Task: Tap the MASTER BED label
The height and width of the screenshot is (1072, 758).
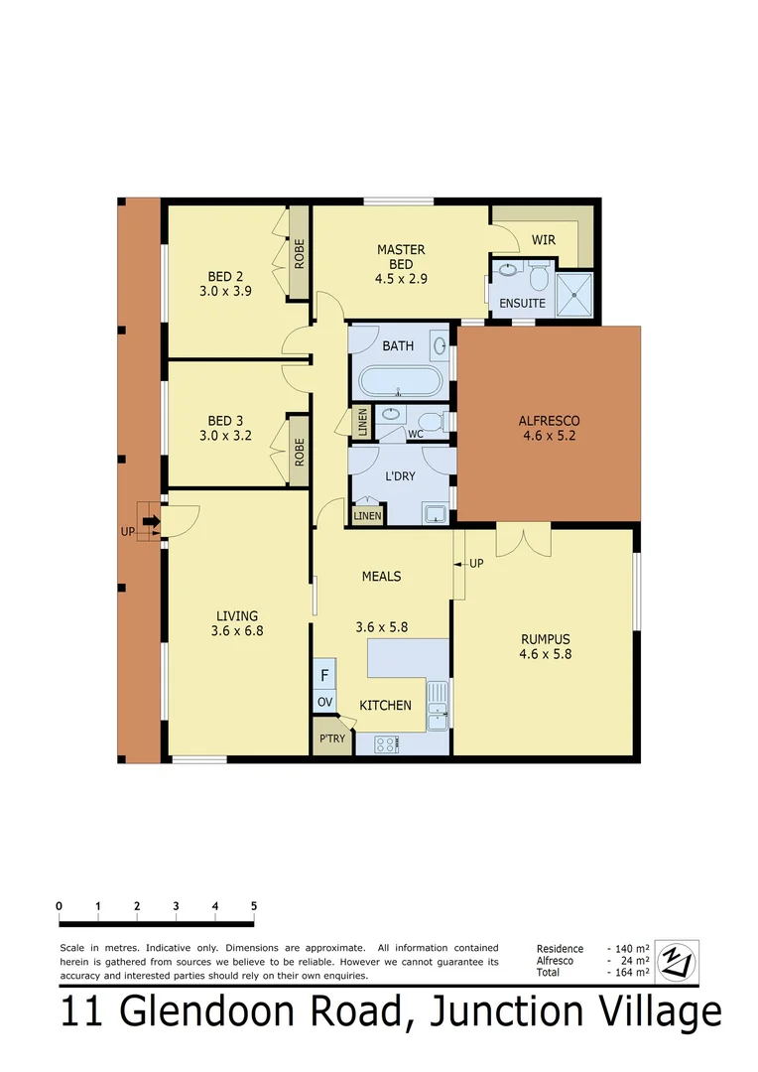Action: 401,250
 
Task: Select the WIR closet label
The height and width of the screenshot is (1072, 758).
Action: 543,240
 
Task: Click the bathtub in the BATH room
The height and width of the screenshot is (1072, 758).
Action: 398,382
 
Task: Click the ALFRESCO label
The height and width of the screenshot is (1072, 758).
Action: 549,421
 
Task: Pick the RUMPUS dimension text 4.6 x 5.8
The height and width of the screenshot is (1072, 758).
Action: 545,654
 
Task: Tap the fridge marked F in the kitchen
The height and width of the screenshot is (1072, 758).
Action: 324,677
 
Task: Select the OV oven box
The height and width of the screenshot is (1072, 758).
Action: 324,703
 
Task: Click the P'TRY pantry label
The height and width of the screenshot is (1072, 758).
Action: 331,739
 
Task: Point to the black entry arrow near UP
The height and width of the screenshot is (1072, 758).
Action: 150,521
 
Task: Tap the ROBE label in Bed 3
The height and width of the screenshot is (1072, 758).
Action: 299,453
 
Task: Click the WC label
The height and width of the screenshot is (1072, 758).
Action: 416,434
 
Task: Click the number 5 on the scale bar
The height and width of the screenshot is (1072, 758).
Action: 254,905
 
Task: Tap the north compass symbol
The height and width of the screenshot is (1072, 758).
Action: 678,960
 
